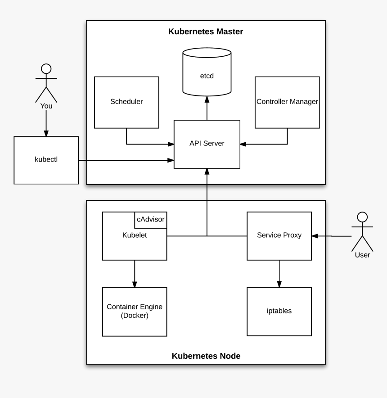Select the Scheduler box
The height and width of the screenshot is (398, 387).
coord(126,102)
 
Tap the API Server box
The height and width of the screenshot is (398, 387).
coord(207,144)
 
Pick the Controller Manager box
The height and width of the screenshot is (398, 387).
coord(287,102)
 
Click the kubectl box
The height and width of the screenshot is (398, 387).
coord(46,160)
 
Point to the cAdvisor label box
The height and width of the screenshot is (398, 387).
coord(151,220)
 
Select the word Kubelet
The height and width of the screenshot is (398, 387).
coord(135,235)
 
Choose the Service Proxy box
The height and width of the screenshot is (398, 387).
coord(279,235)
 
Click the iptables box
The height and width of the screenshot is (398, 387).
coord(279,311)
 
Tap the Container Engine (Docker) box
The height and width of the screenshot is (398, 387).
coord(135,312)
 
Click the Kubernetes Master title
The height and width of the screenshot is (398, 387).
coord(206,32)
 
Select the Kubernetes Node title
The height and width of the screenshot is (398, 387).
coord(206,356)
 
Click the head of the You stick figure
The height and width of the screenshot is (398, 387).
coord(46,68)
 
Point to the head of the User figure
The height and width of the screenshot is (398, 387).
coord(362,217)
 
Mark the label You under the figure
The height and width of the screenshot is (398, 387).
coord(46,106)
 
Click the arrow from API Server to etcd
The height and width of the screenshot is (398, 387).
coord(207,108)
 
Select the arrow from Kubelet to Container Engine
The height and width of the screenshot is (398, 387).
coord(135,274)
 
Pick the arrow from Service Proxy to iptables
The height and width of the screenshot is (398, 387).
coord(279,274)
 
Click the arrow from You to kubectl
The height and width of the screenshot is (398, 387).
coord(46,123)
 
